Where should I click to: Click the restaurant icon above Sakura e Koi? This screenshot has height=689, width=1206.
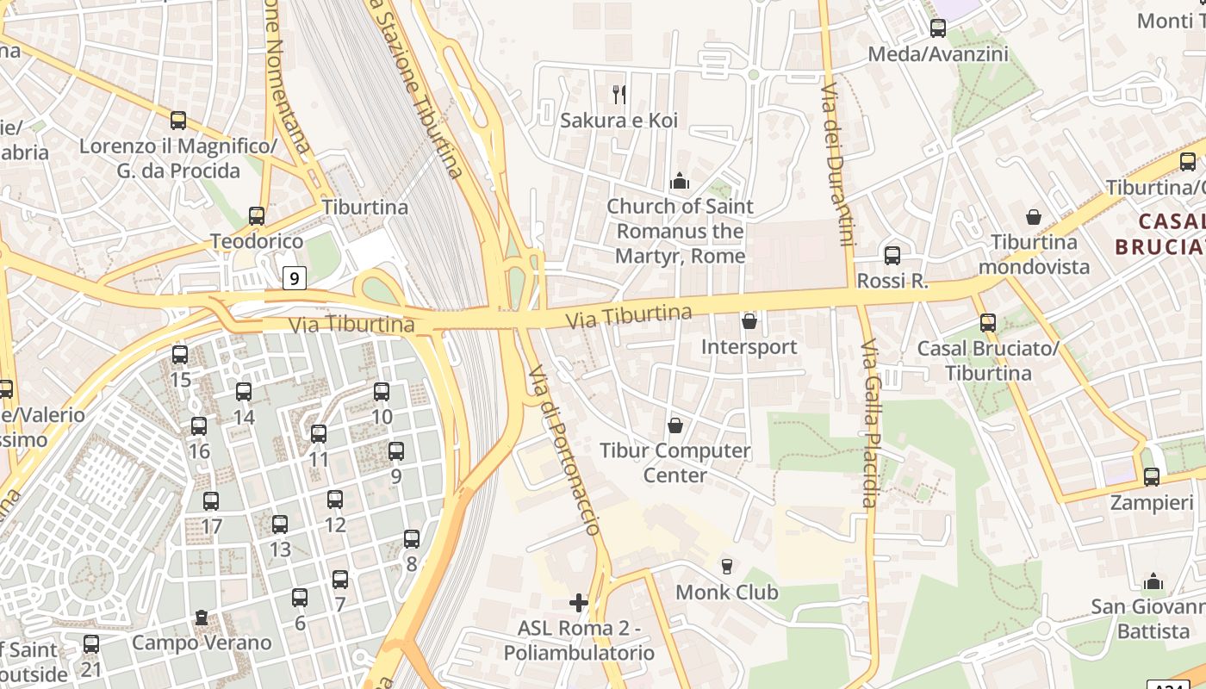click(x=619, y=93)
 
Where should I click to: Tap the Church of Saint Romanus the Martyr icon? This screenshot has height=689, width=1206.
click(x=680, y=182)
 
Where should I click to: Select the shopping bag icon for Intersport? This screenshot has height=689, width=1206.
click(x=749, y=321)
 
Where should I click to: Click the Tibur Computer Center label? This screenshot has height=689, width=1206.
click(x=675, y=462)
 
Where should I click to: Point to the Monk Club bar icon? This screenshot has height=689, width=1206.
click(x=727, y=566)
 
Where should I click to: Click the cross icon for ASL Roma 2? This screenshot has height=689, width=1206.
click(x=579, y=602)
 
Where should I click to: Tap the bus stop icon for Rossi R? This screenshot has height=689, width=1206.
click(x=892, y=256)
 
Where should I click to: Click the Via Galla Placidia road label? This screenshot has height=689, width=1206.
click(x=869, y=422)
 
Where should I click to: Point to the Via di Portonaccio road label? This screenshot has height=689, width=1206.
click(x=564, y=448)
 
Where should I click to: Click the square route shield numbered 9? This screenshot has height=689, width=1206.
click(x=295, y=278)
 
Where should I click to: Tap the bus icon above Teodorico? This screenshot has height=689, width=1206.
click(x=256, y=216)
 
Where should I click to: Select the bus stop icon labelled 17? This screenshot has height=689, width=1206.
click(x=211, y=501)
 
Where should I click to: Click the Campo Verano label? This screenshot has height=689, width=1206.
click(x=201, y=642)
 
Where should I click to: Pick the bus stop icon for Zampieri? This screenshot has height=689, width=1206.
click(x=1152, y=476)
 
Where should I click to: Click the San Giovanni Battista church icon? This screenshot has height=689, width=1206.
click(x=1153, y=581)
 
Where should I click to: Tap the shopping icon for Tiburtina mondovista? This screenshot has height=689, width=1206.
click(x=1033, y=217)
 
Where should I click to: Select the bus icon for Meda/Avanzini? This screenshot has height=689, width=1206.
click(x=938, y=28)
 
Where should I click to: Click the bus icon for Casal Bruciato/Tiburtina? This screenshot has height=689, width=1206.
click(x=988, y=323)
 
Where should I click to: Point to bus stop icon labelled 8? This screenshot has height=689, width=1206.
click(x=412, y=539)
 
